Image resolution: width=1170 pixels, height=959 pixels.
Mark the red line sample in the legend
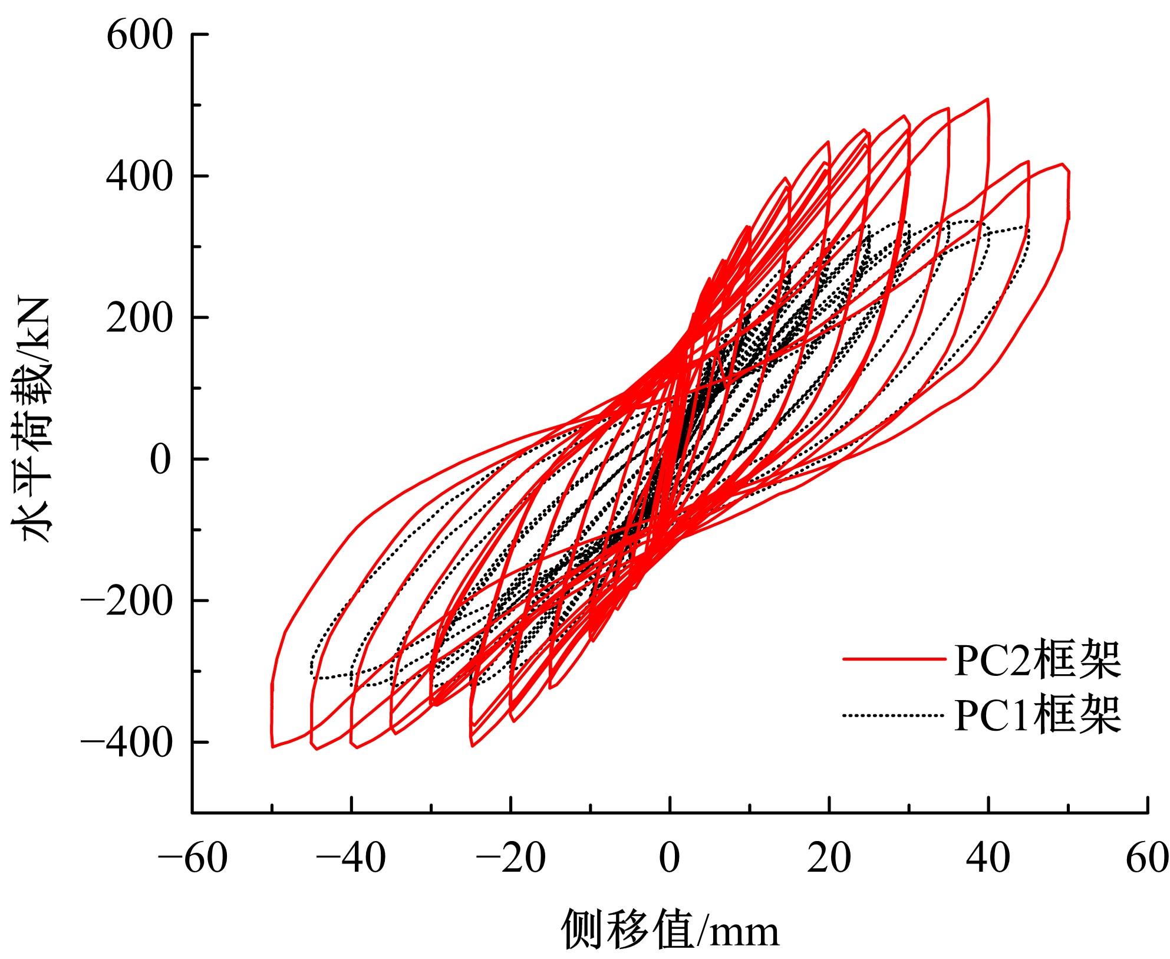(889, 660)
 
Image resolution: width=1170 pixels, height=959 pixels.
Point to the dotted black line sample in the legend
(889, 716)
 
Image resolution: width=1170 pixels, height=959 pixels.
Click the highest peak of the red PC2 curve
(987, 99)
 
